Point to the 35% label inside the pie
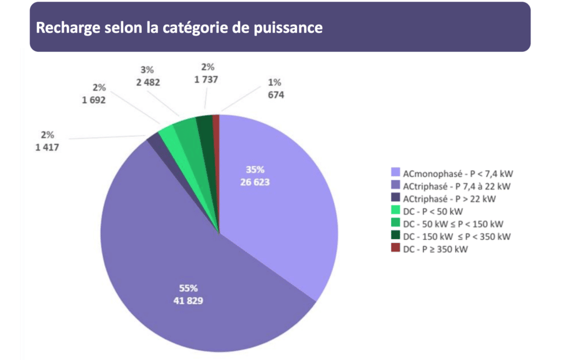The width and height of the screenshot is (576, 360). pos(255,170)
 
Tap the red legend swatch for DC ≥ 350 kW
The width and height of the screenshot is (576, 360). pos(395,248)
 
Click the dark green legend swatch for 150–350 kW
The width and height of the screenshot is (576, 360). pos(395,236)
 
